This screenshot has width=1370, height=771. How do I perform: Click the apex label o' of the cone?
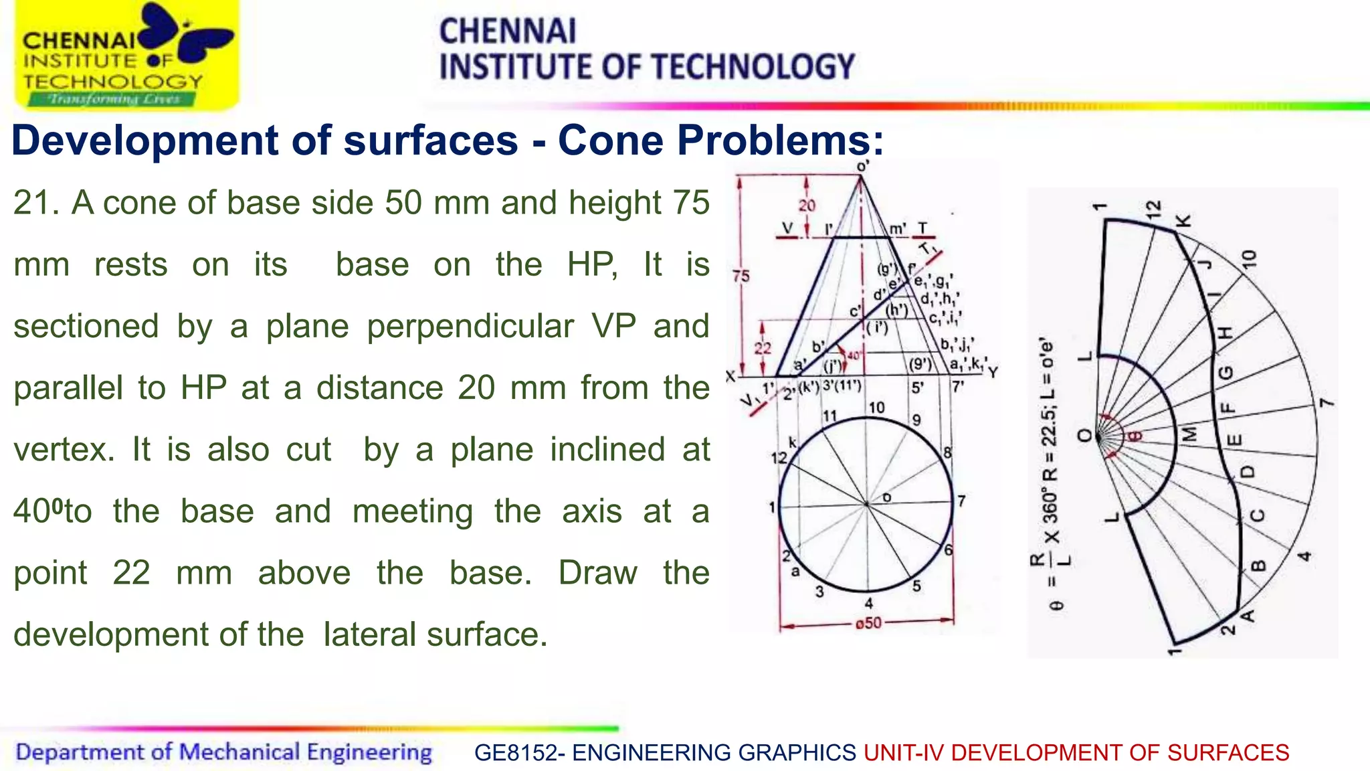[x=863, y=165]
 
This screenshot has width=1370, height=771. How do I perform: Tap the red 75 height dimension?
[x=741, y=276]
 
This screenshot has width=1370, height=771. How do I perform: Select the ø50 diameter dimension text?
[x=868, y=624]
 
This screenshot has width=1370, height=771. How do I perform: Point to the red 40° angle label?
[x=854, y=355]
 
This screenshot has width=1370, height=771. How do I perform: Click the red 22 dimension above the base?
[x=763, y=348]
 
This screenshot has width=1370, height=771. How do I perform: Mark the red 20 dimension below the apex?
[x=807, y=205]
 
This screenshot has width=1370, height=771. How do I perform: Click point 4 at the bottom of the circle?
[x=868, y=603]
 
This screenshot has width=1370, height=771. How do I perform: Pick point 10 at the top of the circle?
[x=876, y=408]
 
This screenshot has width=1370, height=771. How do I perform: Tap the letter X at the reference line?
[x=730, y=377]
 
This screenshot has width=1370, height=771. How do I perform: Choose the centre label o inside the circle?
[x=887, y=497]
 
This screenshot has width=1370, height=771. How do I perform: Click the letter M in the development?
[x=1189, y=434]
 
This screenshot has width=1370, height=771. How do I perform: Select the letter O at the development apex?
[x=1084, y=436]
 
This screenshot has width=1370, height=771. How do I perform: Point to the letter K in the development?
[x=1183, y=221]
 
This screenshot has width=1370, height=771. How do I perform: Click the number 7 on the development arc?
[x=1327, y=403]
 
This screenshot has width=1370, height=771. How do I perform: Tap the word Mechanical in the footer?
[x=239, y=752]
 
